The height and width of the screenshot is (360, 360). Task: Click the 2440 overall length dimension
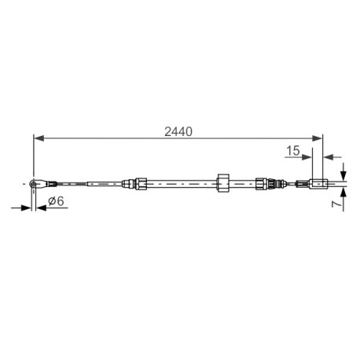[x=178, y=131]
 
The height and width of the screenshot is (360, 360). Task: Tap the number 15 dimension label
[x=293, y=150]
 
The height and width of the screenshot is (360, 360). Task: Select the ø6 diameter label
[x=56, y=201]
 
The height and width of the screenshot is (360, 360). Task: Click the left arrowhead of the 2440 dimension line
[x=39, y=138]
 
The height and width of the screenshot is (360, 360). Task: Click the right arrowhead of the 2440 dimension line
[x=317, y=138]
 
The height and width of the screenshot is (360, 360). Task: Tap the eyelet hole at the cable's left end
[x=33, y=184]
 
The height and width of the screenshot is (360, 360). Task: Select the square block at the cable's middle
[x=223, y=183]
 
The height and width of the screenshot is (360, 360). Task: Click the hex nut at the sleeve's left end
[x=140, y=183]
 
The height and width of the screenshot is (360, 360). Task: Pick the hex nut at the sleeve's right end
[x=261, y=183]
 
